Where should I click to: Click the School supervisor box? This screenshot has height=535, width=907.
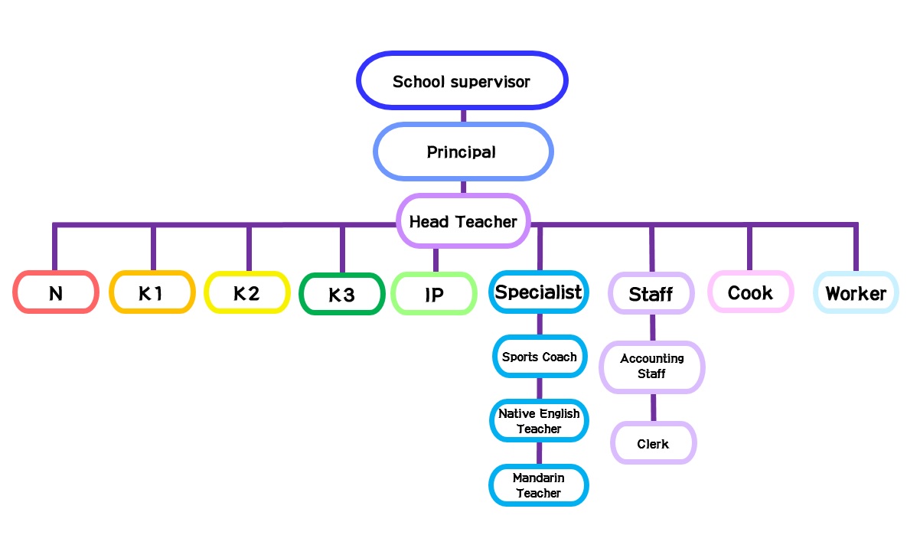[x=462, y=80]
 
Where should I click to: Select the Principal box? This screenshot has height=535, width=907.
[x=462, y=152]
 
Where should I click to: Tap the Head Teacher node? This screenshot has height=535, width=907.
[x=463, y=221]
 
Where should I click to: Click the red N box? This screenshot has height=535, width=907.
[x=56, y=292]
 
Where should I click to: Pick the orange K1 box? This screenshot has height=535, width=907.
[x=152, y=292]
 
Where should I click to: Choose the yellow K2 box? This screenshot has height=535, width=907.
[x=246, y=292]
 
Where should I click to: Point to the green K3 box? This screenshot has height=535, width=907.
[x=341, y=294]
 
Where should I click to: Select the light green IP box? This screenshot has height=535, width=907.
[x=434, y=294]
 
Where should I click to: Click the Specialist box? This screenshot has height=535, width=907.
[x=539, y=292]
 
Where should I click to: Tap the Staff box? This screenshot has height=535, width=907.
[x=651, y=293]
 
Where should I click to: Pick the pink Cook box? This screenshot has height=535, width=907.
[x=750, y=292]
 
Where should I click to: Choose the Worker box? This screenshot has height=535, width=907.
[x=856, y=292]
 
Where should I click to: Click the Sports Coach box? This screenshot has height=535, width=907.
[x=539, y=357]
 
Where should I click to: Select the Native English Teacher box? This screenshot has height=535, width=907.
[x=539, y=421]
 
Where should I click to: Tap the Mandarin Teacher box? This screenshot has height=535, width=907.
[x=539, y=485]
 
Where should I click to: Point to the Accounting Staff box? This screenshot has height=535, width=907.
[x=652, y=367]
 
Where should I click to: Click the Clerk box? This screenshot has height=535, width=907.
[x=653, y=443]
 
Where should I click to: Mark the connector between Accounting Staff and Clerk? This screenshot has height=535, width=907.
[x=653, y=407]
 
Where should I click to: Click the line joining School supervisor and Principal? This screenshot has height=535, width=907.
[x=463, y=116]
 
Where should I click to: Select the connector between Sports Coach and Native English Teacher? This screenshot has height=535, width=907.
[x=539, y=388]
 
